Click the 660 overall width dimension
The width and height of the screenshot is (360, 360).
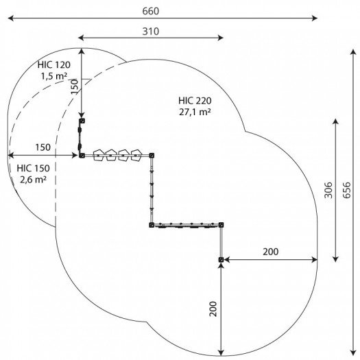pyautogui.click(x=151, y=11)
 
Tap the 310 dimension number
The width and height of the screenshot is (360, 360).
pyautogui.click(x=151, y=32)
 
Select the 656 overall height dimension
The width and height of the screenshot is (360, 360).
pyautogui.click(x=347, y=190)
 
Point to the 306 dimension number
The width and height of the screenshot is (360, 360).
pyautogui.click(x=328, y=190)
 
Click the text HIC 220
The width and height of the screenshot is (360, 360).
pyautogui.click(x=195, y=101)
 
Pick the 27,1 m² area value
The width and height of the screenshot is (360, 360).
pyautogui.click(x=195, y=112)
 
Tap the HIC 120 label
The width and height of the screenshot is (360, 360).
pyautogui.click(x=54, y=64)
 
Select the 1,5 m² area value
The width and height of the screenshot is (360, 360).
pyautogui.click(x=54, y=75)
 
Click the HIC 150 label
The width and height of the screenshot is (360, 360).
pyautogui.click(x=34, y=168)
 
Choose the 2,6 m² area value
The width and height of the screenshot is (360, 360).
pyautogui.click(x=34, y=179)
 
